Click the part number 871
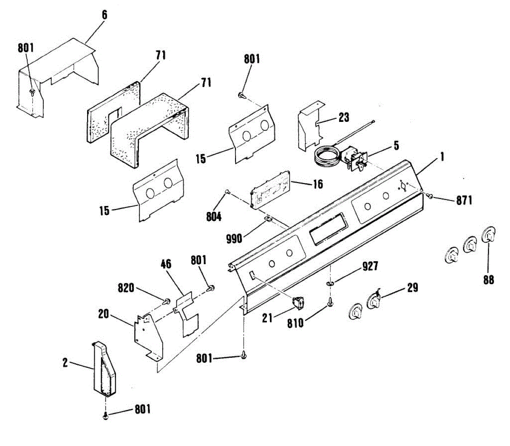coord(464,200)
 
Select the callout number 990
coord(234,238)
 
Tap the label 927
coord(370,266)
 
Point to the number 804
coord(214,217)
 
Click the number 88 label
coord(489,280)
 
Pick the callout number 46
coord(166,264)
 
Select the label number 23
coord(344,117)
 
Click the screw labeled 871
coord(430,196)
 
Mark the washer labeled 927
coord(330,284)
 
